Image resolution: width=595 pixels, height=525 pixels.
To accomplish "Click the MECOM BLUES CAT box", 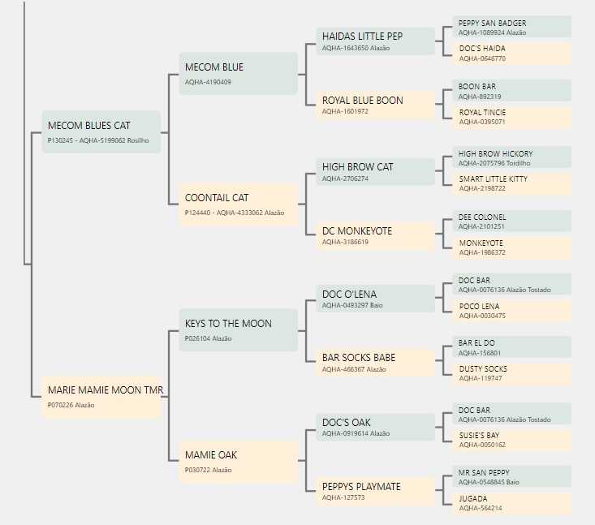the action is pos(101,131).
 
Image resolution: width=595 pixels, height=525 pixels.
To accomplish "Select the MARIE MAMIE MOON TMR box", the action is pos(101,397).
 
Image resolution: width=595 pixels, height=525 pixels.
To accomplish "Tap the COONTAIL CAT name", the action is pos(217,198).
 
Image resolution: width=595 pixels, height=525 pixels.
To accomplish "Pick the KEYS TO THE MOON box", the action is pos(239,330).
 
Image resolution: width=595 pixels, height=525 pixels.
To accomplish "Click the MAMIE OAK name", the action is pos(211,455).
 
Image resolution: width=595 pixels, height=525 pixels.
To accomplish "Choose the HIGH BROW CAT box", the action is pos(375,171).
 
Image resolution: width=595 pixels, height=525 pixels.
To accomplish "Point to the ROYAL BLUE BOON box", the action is pos(375,105).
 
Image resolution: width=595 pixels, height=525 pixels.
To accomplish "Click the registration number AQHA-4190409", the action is pos(208,82).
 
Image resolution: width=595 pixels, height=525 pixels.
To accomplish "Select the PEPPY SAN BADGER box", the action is pos(511,27).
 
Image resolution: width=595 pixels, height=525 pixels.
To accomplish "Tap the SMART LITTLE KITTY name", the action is pos(494,179).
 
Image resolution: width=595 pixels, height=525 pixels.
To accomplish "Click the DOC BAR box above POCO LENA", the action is pos(511,284).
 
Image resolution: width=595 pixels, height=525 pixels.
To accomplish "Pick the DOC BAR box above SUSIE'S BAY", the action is pos(511,414).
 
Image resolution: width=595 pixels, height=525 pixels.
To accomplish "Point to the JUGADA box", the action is pos(511,503).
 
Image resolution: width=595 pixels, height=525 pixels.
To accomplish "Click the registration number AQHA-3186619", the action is pos(345,242).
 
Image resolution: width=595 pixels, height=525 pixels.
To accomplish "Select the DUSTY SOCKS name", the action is pos(483,368).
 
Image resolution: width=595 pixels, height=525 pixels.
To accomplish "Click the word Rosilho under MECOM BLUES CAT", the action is pos(138,140).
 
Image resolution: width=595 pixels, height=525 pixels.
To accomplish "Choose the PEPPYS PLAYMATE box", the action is pos(375,491).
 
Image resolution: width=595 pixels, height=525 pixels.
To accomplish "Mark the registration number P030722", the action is pos(197,470).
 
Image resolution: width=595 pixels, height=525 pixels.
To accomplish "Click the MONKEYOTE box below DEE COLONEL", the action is pos(511,247).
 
